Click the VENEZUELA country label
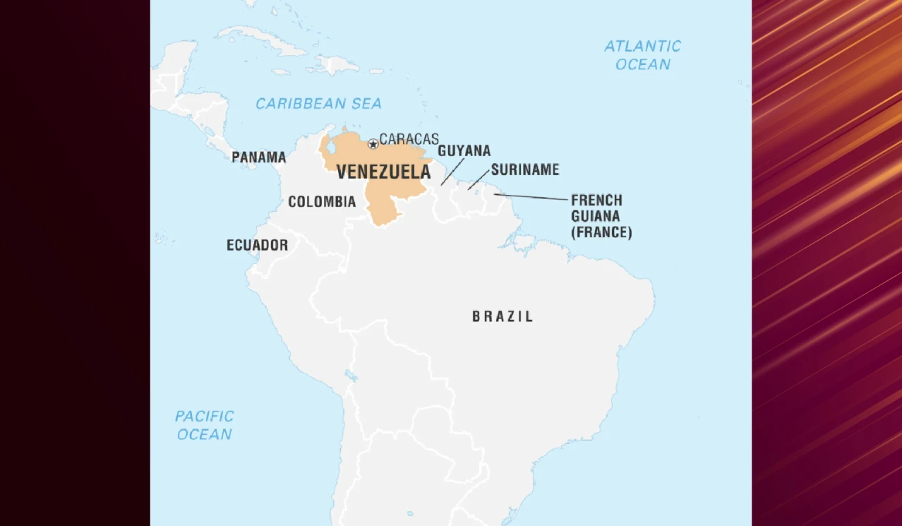tap(383, 172)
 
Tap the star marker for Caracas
tap(373, 144)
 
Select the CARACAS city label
tap(409, 139)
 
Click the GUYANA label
tap(464, 151)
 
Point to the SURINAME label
tap(524, 169)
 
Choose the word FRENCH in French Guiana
tap(596, 201)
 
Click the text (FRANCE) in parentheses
tap(601, 232)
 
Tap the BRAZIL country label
tap(503, 316)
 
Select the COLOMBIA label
tap(322, 202)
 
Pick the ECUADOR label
tap(257, 245)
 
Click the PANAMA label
tap(258, 157)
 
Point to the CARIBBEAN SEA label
tap(318, 104)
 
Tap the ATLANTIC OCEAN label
tap(642, 55)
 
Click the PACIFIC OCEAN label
tap(205, 425)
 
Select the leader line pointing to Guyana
tap(453, 172)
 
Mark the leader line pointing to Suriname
tap(478, 179)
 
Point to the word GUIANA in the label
tap(595, 216)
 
